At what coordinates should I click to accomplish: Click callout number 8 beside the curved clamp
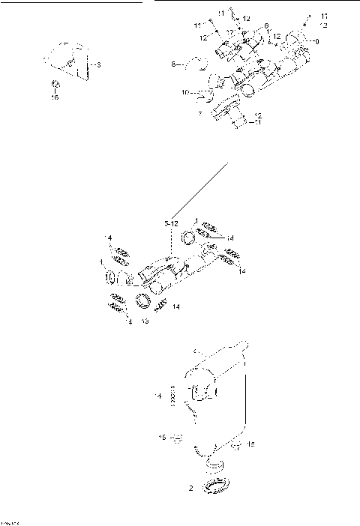(x=172, y=66)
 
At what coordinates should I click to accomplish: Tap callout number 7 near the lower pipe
(x=199, y=114)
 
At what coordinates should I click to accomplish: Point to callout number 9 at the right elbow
(x=316, y=41)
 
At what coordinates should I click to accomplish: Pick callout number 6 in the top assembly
(x=265, y=26)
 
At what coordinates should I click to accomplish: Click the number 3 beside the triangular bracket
(x=100, y=66)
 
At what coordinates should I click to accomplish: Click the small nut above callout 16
(x=55, y=84)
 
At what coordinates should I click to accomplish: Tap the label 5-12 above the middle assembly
(x=170, y=223)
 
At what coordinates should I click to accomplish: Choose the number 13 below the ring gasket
(x=144, y=321)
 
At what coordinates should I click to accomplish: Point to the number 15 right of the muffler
(x=250, y=444)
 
